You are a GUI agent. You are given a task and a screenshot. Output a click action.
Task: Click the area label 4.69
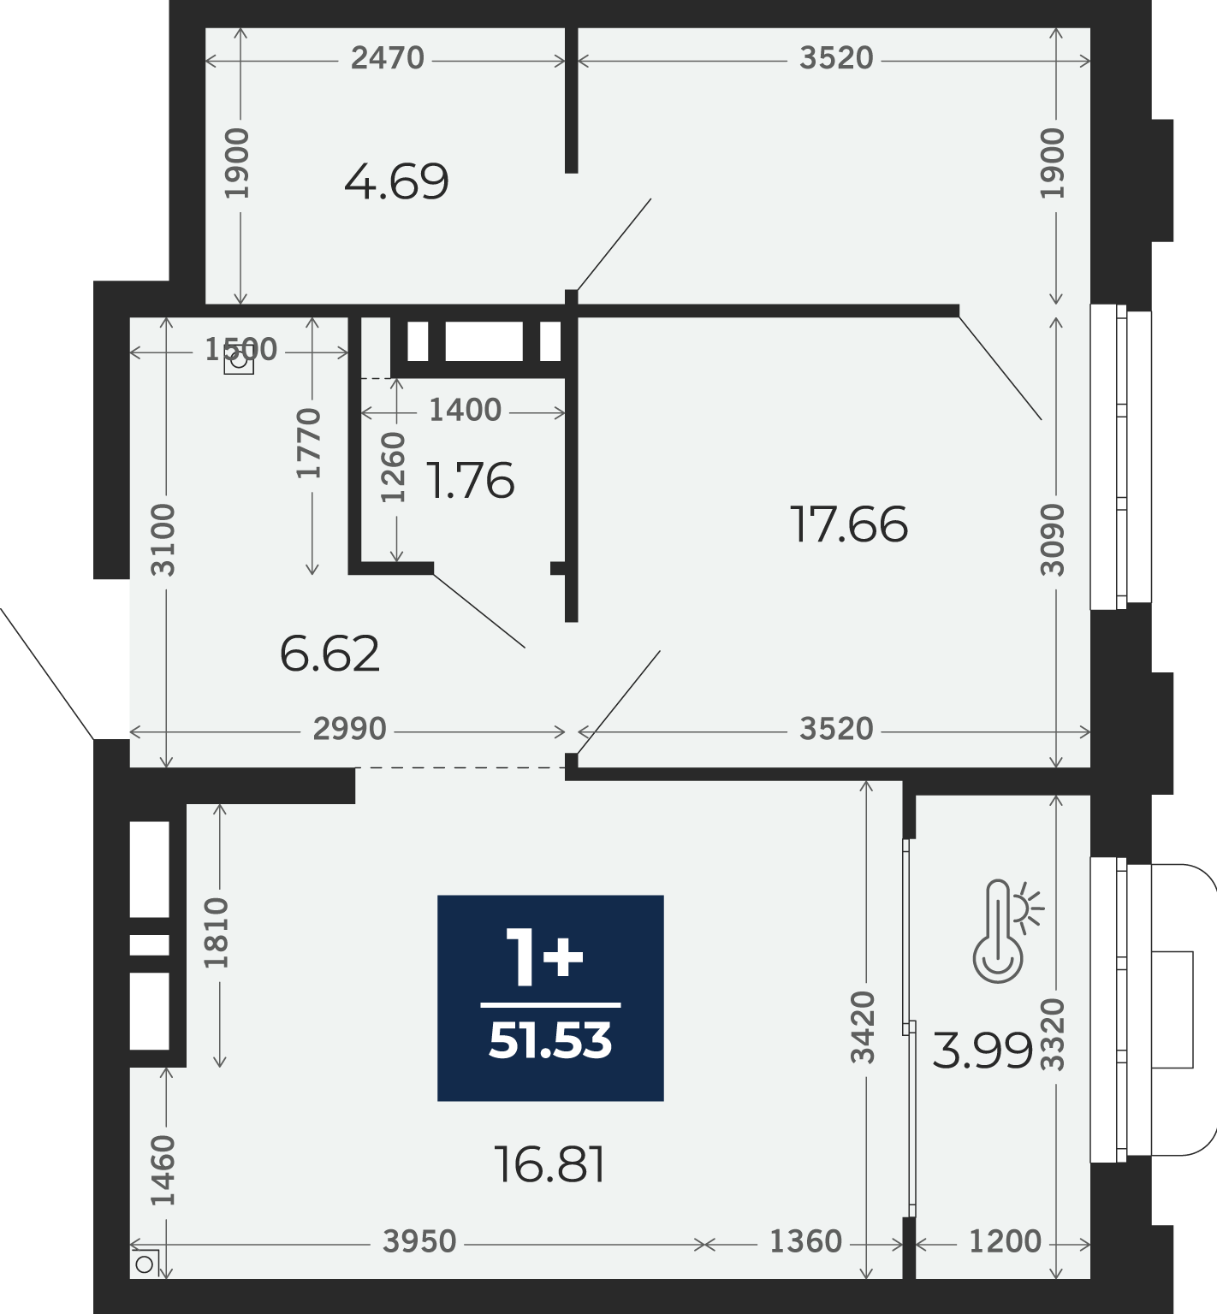tap(396, 181)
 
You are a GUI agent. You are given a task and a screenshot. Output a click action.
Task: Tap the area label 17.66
tap(848, 524)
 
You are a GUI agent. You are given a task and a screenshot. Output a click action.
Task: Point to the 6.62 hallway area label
tap(329, 654)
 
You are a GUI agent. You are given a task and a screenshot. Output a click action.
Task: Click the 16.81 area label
tap(550, 1164)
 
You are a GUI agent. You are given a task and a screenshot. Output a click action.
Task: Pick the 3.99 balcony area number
tap(983, 1051)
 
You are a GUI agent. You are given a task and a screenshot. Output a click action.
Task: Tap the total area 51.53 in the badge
tap(550, 1041)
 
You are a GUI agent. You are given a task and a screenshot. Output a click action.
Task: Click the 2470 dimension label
tap(388, 58)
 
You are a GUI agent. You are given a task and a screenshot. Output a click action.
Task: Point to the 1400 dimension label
tap(465, 411)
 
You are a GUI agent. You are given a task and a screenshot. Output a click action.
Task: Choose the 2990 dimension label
tap(350, 729)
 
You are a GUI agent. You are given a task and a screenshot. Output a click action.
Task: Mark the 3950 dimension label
tap(419, 1241)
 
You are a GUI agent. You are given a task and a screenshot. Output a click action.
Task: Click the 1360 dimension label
tap(805, 1241)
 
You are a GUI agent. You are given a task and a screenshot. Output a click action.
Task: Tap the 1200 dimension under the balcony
tap(1005, 1241)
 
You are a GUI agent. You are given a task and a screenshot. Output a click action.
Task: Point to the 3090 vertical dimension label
tap(1053, 540)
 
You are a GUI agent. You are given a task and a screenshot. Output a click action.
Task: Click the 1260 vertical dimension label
tap(392, 467)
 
